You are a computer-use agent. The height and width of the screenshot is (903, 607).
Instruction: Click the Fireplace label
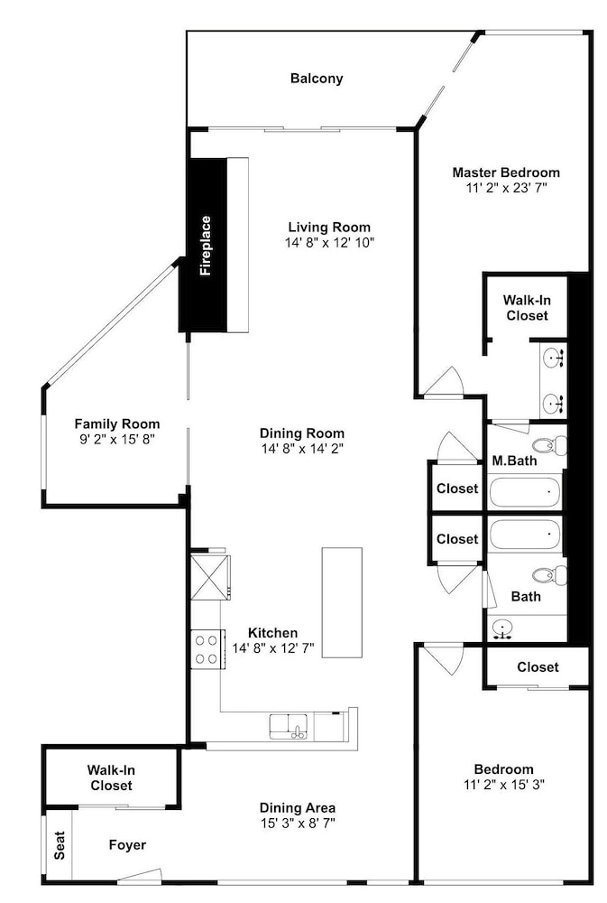(x=206, y=246)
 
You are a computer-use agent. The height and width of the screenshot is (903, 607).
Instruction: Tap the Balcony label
(x=317, y=79)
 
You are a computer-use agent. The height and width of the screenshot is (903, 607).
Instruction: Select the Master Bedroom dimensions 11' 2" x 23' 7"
(x=506, y=188)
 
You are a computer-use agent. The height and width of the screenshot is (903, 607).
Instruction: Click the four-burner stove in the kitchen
(x=206, y=649)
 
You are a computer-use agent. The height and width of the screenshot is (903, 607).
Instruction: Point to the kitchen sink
(x=291, y=727)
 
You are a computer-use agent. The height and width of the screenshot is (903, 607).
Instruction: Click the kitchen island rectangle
(x=342, y=602)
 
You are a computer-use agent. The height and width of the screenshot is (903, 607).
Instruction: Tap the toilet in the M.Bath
(x=549, y=445)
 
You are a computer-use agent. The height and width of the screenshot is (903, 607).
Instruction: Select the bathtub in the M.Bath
(x=524, y=492)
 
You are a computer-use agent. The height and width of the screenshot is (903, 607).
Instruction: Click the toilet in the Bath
(x=549, y=574)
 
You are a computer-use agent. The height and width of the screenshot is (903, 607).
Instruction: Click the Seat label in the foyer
(x=60, y=845)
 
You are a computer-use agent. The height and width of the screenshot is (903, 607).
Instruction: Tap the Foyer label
(x=127, y=845)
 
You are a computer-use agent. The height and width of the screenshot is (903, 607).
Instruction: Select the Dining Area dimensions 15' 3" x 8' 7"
(x=298, y=823)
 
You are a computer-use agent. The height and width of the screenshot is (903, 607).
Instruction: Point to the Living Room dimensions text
(x=330, y=242)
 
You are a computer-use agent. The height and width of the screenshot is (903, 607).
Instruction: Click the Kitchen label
(x=272, y=633)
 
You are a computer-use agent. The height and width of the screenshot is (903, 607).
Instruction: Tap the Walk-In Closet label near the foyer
(x=111, y=777)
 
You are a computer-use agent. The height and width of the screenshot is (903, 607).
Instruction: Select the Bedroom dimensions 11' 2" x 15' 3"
(x=504, y=785)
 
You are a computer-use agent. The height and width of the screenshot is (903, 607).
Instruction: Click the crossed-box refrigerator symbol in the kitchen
(x=208, y=577)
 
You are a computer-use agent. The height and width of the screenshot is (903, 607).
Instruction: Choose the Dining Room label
(x=302, y=433)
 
